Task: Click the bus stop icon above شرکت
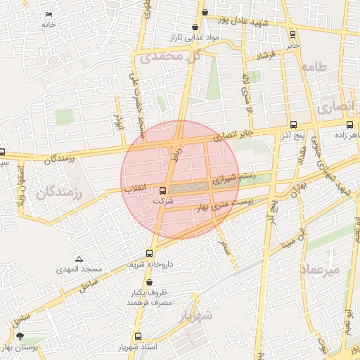pos(163,190)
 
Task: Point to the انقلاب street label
pos(134,189)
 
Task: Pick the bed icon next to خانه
pos(49,15)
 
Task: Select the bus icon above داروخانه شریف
pos(149,253)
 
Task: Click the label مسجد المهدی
pos(82,269)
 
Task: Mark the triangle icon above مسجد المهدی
pos(79,259)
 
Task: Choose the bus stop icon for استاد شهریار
pos(138,337)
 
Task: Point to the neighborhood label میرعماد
pos(320,269)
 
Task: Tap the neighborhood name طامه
pos(314,67)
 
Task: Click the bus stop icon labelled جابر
pos(292,34)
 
